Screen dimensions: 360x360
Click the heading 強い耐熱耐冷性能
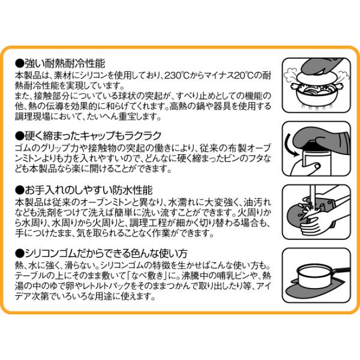[65, 64]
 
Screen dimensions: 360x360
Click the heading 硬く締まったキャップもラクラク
[93, 136]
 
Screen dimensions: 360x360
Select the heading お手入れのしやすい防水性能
[89, 190]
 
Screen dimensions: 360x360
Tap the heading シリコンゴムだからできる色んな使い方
[106, 253]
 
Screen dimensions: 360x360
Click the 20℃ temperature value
[242, 76]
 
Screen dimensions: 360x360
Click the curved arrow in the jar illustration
[291, 146]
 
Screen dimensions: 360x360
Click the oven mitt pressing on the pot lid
[322, 66]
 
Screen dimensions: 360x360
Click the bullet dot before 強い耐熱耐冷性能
[20, 64]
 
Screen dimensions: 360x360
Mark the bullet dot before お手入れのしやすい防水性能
[20, 191]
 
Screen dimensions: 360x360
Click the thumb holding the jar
[316, 166]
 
